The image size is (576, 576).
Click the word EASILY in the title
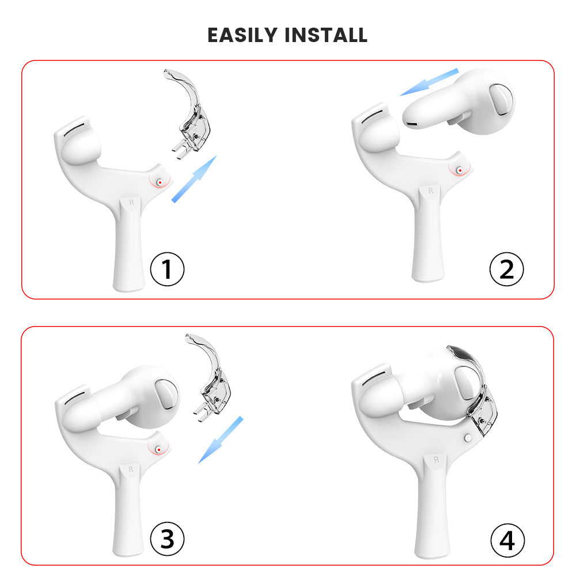pyautogui.click(x=242, y=35)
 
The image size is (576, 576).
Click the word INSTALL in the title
pyautogui.click(x=326, y=35)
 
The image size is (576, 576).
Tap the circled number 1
pyautogui.click(x=167, y=269)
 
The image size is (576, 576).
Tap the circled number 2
pyautogui.click(x=506, y=269)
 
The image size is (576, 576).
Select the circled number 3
pyautogui.click(x=167, y=539)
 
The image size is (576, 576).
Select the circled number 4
pyautogui.click(x=507, y=541)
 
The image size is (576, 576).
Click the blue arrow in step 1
pyautogui.click(x=194, y=179)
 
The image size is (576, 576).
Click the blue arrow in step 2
pyautogui.click(x=429, y=82)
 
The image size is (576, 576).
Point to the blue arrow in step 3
pyautogui.click(x=221, y=439)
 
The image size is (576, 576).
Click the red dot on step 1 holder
pyautogui.click(x=160, y=182)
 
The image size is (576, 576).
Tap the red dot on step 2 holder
pyautogui.click(x=460, y=170)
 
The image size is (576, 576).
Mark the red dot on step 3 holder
pyautogui.click(x=159, y=450)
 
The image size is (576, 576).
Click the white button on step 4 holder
pyautogui.click(x=468, y=438)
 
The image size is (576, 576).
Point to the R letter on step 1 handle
pyautogui.click(x=131, y=202)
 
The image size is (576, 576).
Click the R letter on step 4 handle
pyautogui.click(x=436, y=460)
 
